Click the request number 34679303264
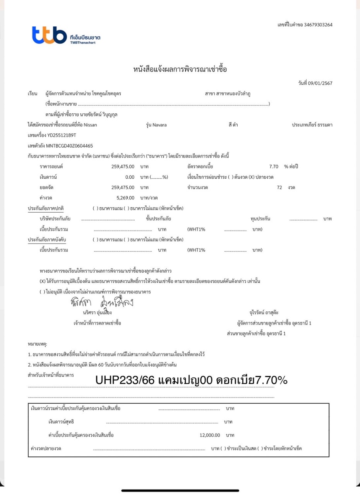[x=318, y=25]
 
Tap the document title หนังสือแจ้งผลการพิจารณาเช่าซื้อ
[x=180, y=70]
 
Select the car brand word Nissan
[x=91, y=125]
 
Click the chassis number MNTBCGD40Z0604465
[x=69, y=146]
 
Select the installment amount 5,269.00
[x=125, y=198]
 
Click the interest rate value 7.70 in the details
[x=274, y=167]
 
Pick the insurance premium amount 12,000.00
[x=210, y=435]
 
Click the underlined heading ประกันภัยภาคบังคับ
[x=47, y=240]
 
